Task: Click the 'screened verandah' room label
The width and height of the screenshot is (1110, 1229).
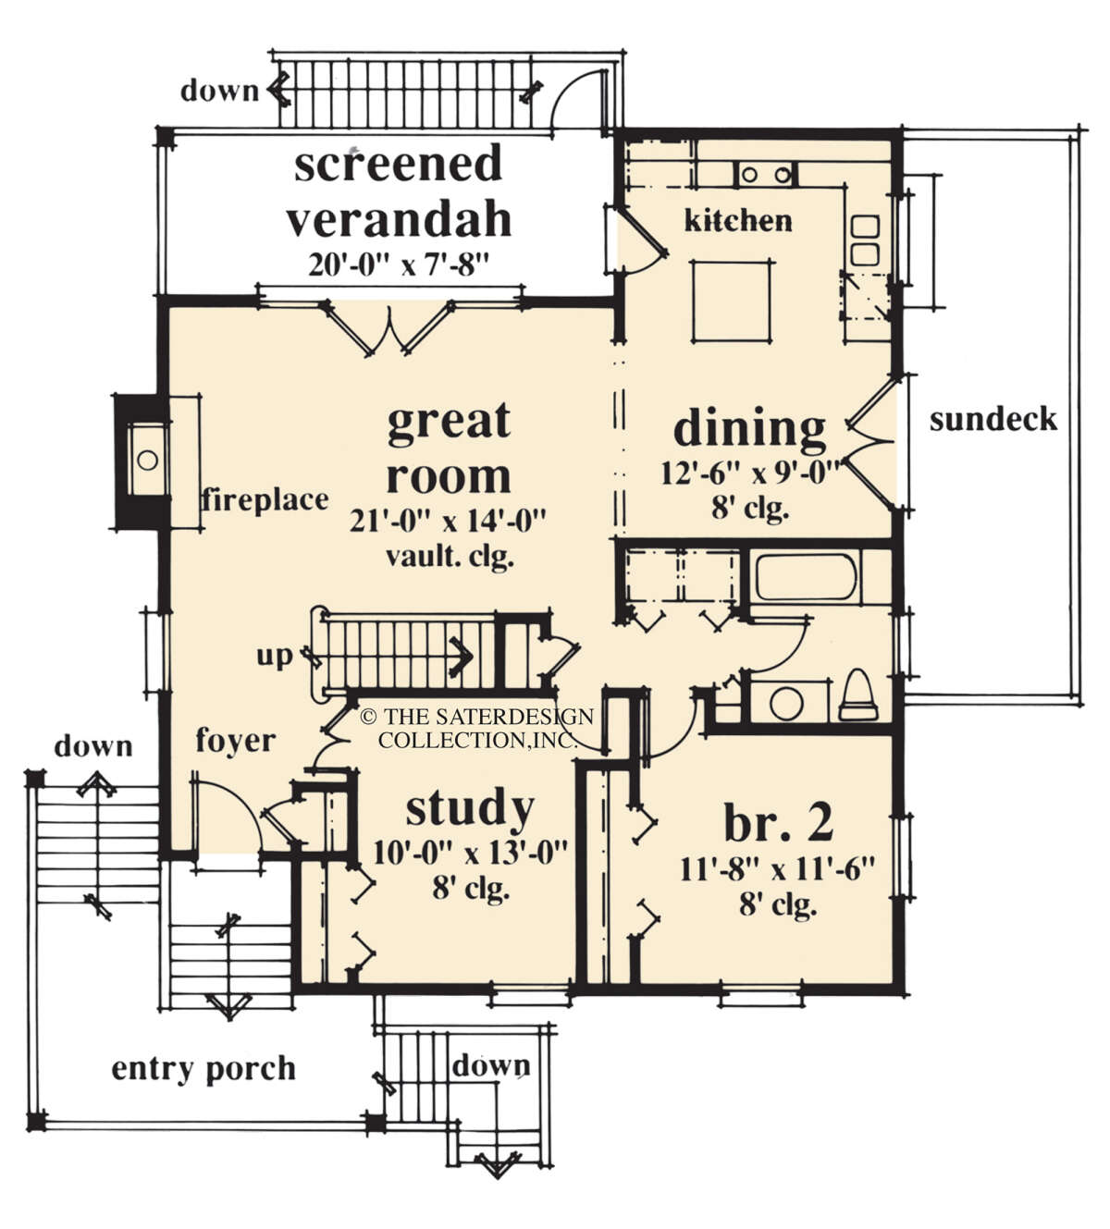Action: [x=399, y=191]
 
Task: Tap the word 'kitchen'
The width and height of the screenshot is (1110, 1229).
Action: [x=738, y=221]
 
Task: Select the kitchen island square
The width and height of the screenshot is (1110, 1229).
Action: [x=731, y=301]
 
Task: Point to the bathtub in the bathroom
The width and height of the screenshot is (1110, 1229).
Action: [x=806, y=578]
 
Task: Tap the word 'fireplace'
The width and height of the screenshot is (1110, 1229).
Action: [x=265, y=500]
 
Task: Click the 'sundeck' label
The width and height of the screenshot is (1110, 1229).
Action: [x=993, y=420]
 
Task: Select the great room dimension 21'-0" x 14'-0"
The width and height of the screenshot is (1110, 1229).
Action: [x=448, y=522]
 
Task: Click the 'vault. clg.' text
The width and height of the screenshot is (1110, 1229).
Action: [x=450, y=557]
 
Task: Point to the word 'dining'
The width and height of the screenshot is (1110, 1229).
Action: [x=749, y=429]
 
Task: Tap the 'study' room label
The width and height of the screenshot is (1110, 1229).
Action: [x=470, y=811]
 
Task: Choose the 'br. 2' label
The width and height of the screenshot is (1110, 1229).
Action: [x=779, y=823]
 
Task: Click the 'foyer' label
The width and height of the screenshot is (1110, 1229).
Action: [x=236, y=742]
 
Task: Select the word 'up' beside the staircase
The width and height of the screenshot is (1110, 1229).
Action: [x=275, y=657]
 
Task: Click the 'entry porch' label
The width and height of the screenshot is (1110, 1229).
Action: [x=203, y=1069]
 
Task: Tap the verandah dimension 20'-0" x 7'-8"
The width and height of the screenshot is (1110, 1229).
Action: [x=399, y=265]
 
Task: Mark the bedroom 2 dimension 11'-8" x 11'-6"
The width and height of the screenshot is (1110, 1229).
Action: [x=777, y=869]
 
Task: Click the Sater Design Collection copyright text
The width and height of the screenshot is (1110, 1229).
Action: [x=477, y=728]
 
